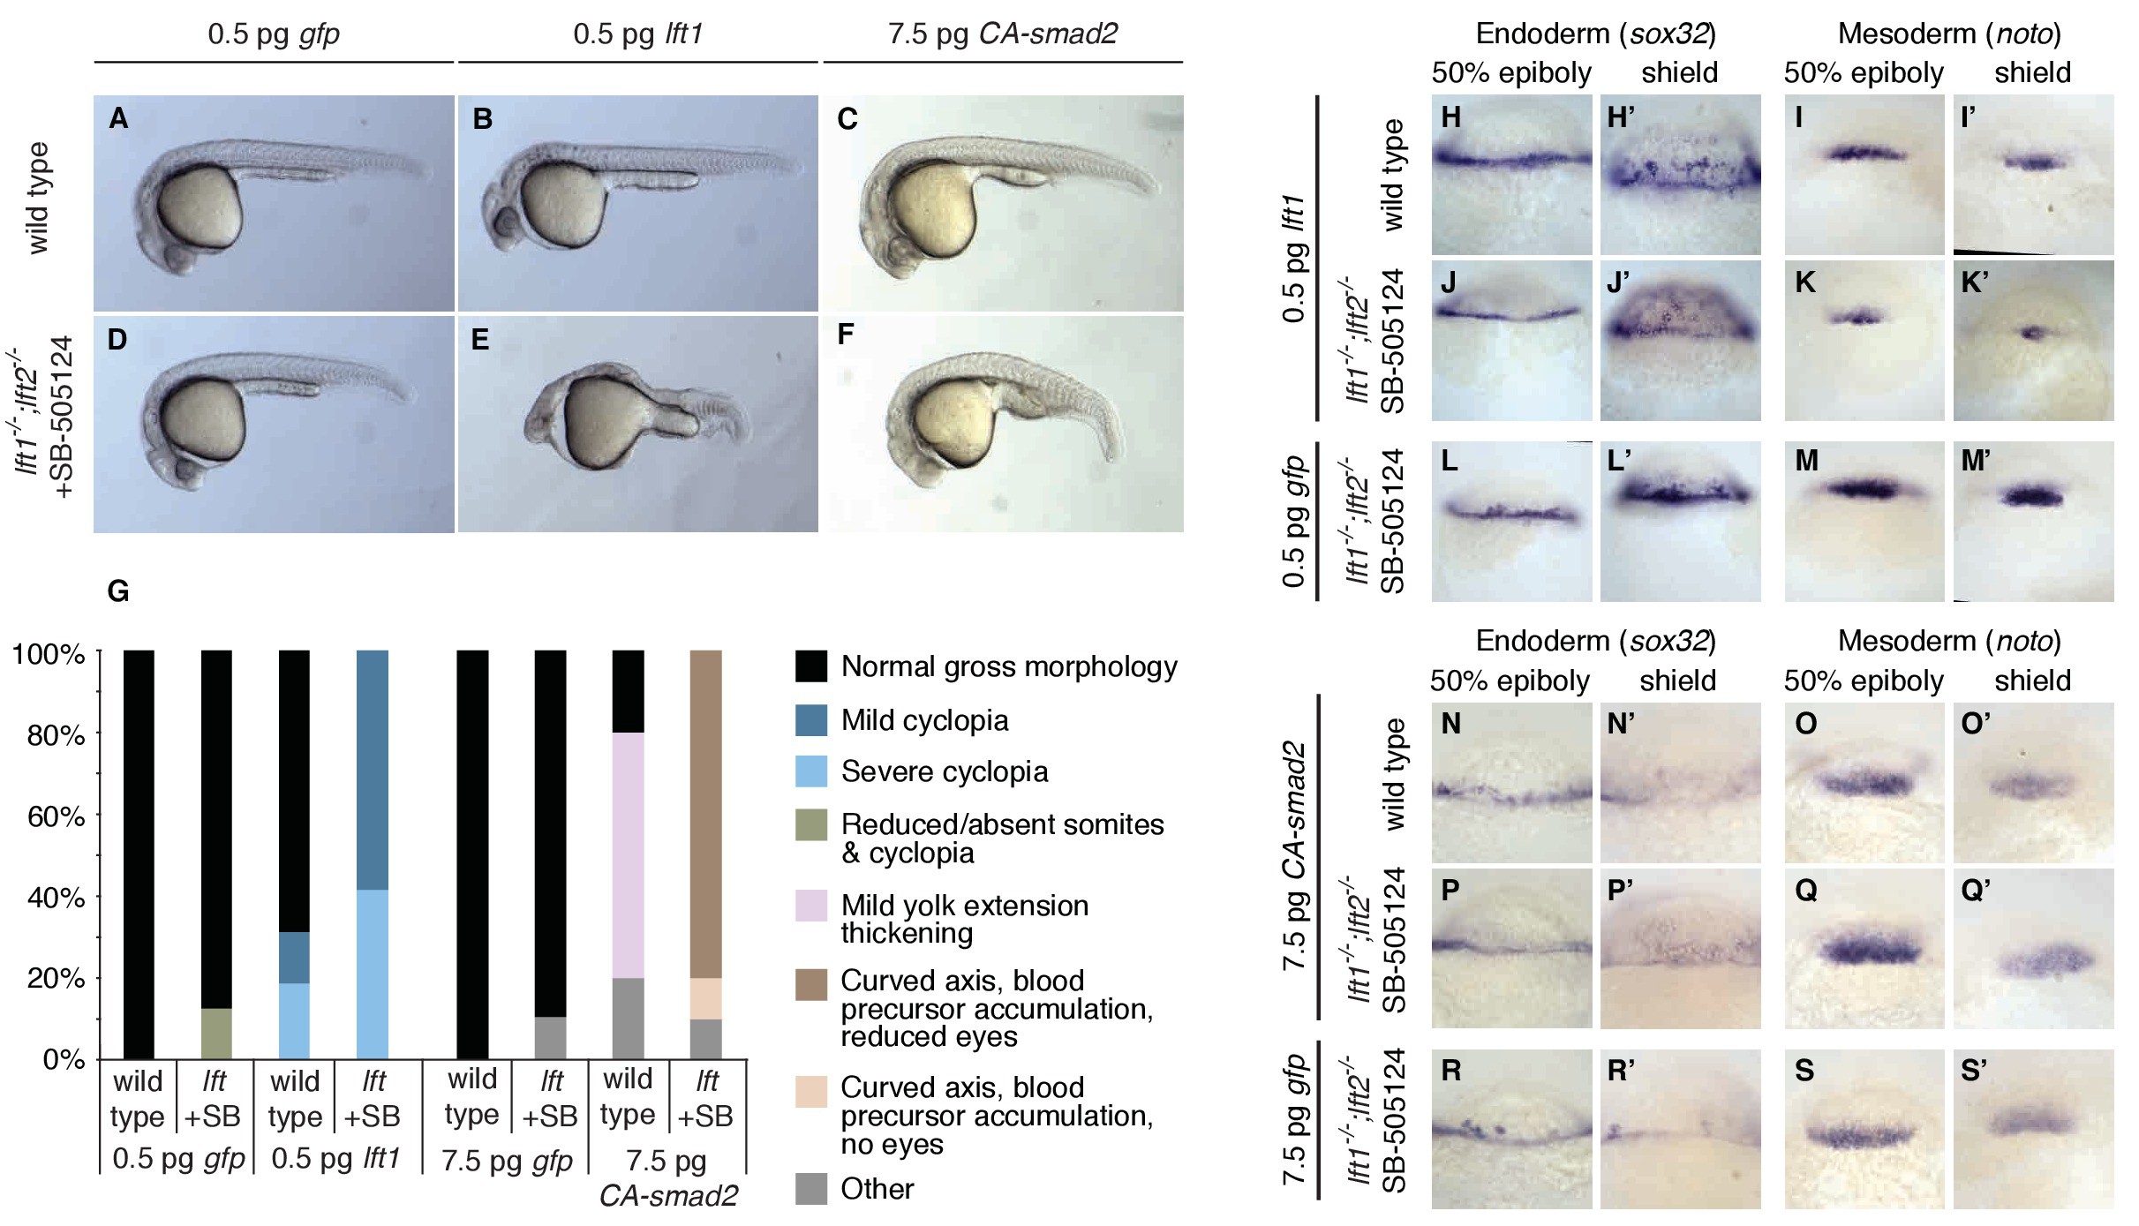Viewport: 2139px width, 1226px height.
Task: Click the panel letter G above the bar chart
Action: pyautogui.click(x=117, y=590)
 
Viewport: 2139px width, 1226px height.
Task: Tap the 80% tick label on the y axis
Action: pyautogui.click(x=56, y=734)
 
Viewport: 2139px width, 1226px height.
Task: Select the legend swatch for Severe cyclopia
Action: pyautogui.click(x=810, y=771)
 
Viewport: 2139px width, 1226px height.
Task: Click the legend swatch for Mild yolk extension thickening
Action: pyautogui.click(x=810, y=906)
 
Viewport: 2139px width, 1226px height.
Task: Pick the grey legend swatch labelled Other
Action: pyautogui.click(x=810, y=1188)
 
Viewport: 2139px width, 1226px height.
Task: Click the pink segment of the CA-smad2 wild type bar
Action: pyautogui.click(x=628, y=854)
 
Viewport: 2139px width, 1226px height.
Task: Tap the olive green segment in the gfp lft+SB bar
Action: pyautogui.click(x=216, y=1033)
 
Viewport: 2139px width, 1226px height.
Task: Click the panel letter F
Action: pyautogui.click(x=845, y=335)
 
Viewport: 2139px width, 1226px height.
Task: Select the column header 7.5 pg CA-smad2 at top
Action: pyautogui.click(x=1003, y=34)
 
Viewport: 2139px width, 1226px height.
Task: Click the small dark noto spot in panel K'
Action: pyautogui.click(x=2032, y=333)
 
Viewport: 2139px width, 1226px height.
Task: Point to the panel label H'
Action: pyautogui.click(x=1622, y=117)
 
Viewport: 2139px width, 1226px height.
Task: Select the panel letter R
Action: pyautogui.click(x=1450, y=1070)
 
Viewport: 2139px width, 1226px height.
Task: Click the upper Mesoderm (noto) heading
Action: pyautogui.click(x=1949, y=34)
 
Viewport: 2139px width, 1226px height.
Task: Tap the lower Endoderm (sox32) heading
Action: pyautogui.click(x=1595, y=640)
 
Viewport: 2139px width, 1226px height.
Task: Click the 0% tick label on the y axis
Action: pyautogui.click(x=64, y=1058)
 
